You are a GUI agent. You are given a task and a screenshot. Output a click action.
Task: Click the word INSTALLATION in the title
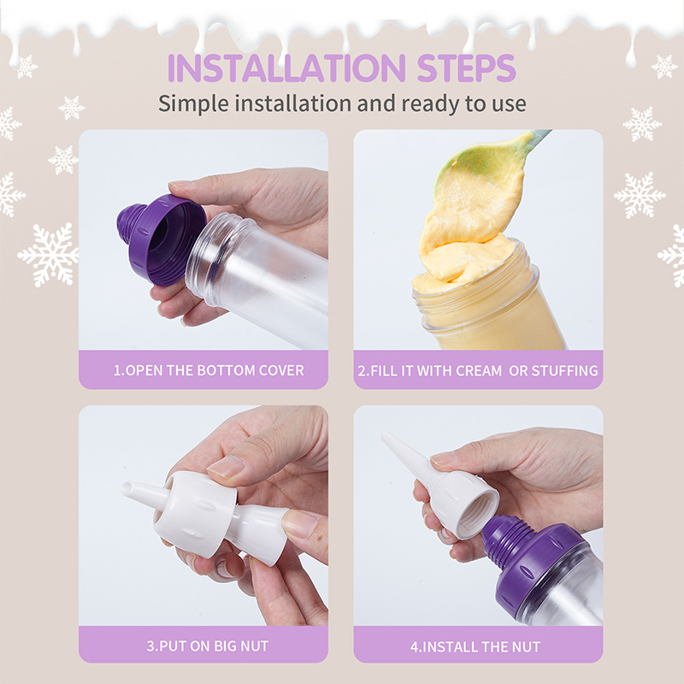tap(287, 68)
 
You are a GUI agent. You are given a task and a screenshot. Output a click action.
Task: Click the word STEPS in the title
tap(466, 68)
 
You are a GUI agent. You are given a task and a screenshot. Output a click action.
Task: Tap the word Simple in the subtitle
tap(193, 104)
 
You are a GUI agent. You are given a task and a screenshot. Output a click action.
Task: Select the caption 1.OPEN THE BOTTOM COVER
tap(209, 370)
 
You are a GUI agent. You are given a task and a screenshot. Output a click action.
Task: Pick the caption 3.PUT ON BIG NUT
tap(208, 646)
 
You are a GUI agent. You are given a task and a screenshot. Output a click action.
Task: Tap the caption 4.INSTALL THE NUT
tap(475, 646)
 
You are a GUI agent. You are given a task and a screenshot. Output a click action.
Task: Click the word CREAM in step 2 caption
tap(478, 371)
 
